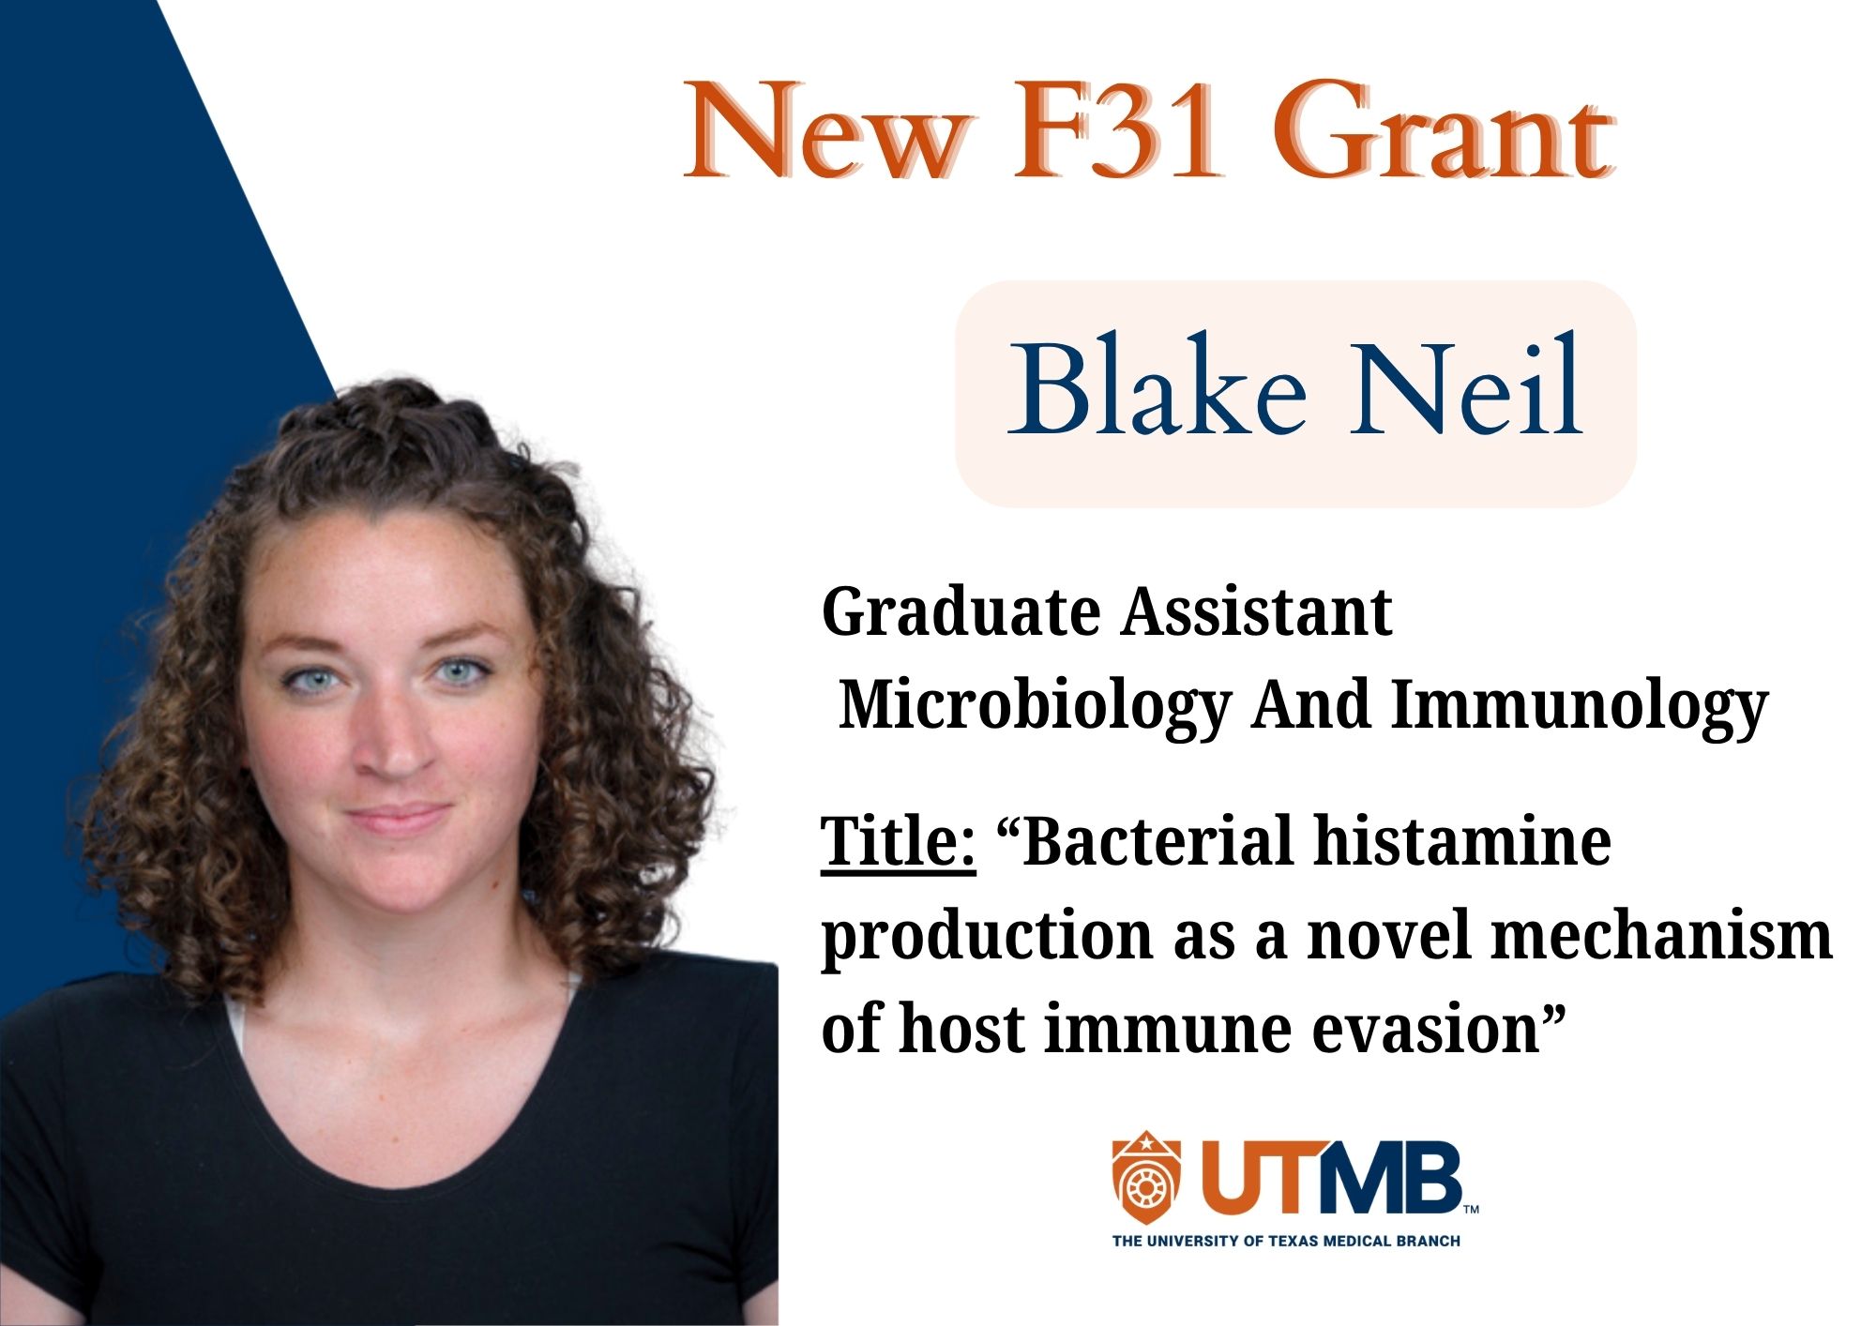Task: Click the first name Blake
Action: tap(1157, 385)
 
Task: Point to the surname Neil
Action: tap(1466, 385)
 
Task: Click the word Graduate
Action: tap(961, 612)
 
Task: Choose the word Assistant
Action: tap(1257, 611)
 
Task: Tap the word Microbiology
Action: tap(1035, 705)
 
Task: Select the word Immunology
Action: tap(1579, 705)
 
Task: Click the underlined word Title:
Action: tap(899, 841)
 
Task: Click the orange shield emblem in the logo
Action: tap(1146, 1178)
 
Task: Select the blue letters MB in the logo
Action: tap(1389, 1178)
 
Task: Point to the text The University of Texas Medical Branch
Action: tap(1286, 1241)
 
